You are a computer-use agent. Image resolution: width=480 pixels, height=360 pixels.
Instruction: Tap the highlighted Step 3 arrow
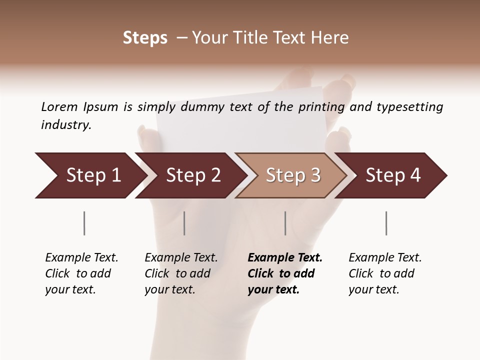[x=293, y=175]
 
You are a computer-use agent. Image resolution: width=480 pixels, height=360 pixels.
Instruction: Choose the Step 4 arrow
[x=393, y=175]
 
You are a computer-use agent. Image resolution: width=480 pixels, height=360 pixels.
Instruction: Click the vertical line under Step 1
[x=84, y=223]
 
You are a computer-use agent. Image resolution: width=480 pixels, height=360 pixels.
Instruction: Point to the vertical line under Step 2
[x=184, y=223]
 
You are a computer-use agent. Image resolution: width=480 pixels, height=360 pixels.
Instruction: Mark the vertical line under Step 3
[x=285, y=223]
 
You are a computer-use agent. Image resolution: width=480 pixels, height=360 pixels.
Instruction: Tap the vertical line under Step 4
[x=386, y=223]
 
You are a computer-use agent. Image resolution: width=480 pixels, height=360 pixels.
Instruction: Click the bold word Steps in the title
[x=145, y=38]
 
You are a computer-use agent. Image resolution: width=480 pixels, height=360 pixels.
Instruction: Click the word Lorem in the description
[x=59, y=106]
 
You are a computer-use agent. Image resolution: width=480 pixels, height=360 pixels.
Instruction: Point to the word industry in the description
[x=66, y=124]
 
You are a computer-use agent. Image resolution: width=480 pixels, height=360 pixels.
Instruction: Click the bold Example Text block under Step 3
[x=284, y=273]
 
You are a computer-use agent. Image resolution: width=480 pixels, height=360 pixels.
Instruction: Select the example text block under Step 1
[x=81, y=273]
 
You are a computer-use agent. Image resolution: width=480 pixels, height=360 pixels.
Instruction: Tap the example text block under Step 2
[x=181, y=273]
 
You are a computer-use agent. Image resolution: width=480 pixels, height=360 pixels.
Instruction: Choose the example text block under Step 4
[x=385, y=273]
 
